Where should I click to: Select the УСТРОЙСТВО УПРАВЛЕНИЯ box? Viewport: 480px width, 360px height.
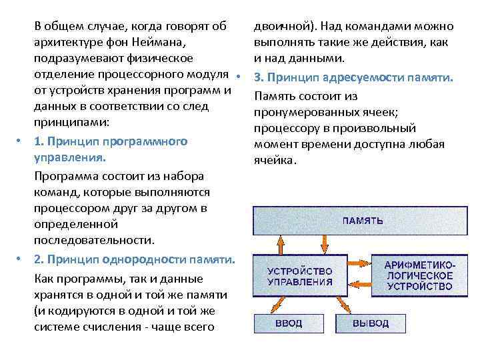(x=299, y=276)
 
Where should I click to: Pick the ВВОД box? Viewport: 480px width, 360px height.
(x=289, y=323)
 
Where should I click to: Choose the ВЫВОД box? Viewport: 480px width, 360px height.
(x=371, y=323)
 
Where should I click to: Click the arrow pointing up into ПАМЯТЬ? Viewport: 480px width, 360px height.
(x=281, y=244)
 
